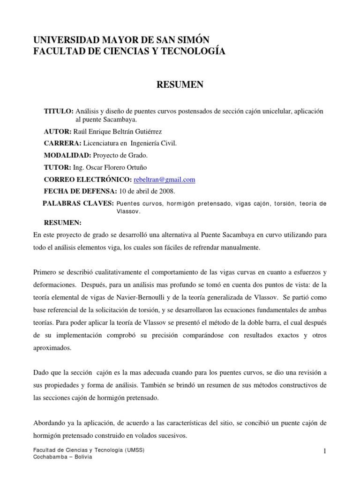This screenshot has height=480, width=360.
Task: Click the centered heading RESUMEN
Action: point(180,84)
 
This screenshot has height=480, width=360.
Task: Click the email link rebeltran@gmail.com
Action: point(164,180)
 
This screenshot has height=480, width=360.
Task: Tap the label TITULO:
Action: point(59,111)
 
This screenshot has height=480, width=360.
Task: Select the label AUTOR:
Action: point(58,131)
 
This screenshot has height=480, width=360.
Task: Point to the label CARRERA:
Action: point(61,143)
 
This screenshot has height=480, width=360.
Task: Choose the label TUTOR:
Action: point(57,167)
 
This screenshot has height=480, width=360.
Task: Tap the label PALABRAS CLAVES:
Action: point(78,203)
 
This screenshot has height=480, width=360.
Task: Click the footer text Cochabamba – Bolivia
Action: point(62,457)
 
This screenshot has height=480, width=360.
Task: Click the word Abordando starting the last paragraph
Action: point(49,422)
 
